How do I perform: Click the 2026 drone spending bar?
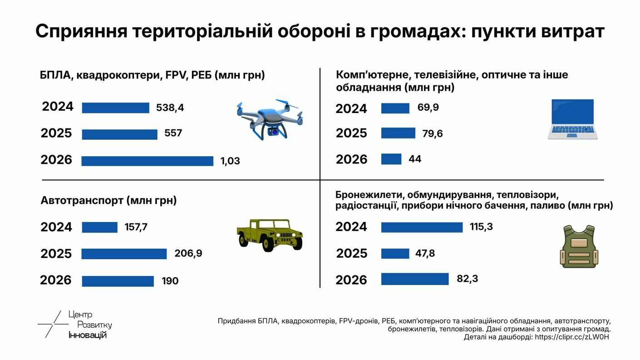point(148,161)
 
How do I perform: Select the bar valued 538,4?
point(115,108)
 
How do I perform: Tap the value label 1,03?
point(230,161)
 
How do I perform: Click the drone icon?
point(270,119)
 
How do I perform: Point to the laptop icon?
point(572,119)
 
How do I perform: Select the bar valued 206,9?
point(124,254)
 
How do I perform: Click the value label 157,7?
point(136,227)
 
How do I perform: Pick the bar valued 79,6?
point(398,133)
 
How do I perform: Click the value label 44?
point(415,159)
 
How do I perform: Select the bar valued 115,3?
point(422,227)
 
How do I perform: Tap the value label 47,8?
point(425,253)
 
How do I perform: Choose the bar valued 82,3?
point(415,279)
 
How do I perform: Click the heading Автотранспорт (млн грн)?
point(108,200)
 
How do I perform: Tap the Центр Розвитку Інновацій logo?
point(75,325)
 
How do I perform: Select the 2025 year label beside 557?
point(56,133)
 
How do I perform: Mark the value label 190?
point(170,281)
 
